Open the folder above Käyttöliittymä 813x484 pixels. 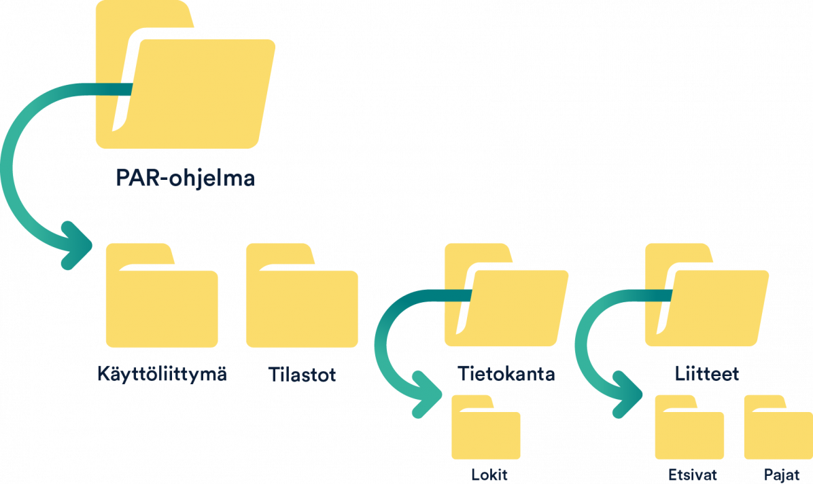pyautogui.click(x=162, y=305)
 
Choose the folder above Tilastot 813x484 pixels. pyautogui.click(x=302, y=305)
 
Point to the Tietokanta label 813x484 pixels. pyautogui.click(x=506, y=374)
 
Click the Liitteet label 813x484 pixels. pyautogui.click(x=707, y=374)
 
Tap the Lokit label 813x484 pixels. pyautogui.click(x=489, y=474)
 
